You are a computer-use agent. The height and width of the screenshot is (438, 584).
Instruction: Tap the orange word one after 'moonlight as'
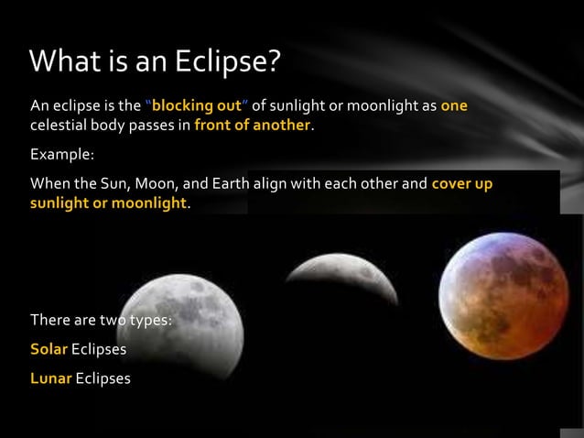coord(454,105)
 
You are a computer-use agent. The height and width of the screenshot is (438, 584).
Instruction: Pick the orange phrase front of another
coord(253,126)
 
